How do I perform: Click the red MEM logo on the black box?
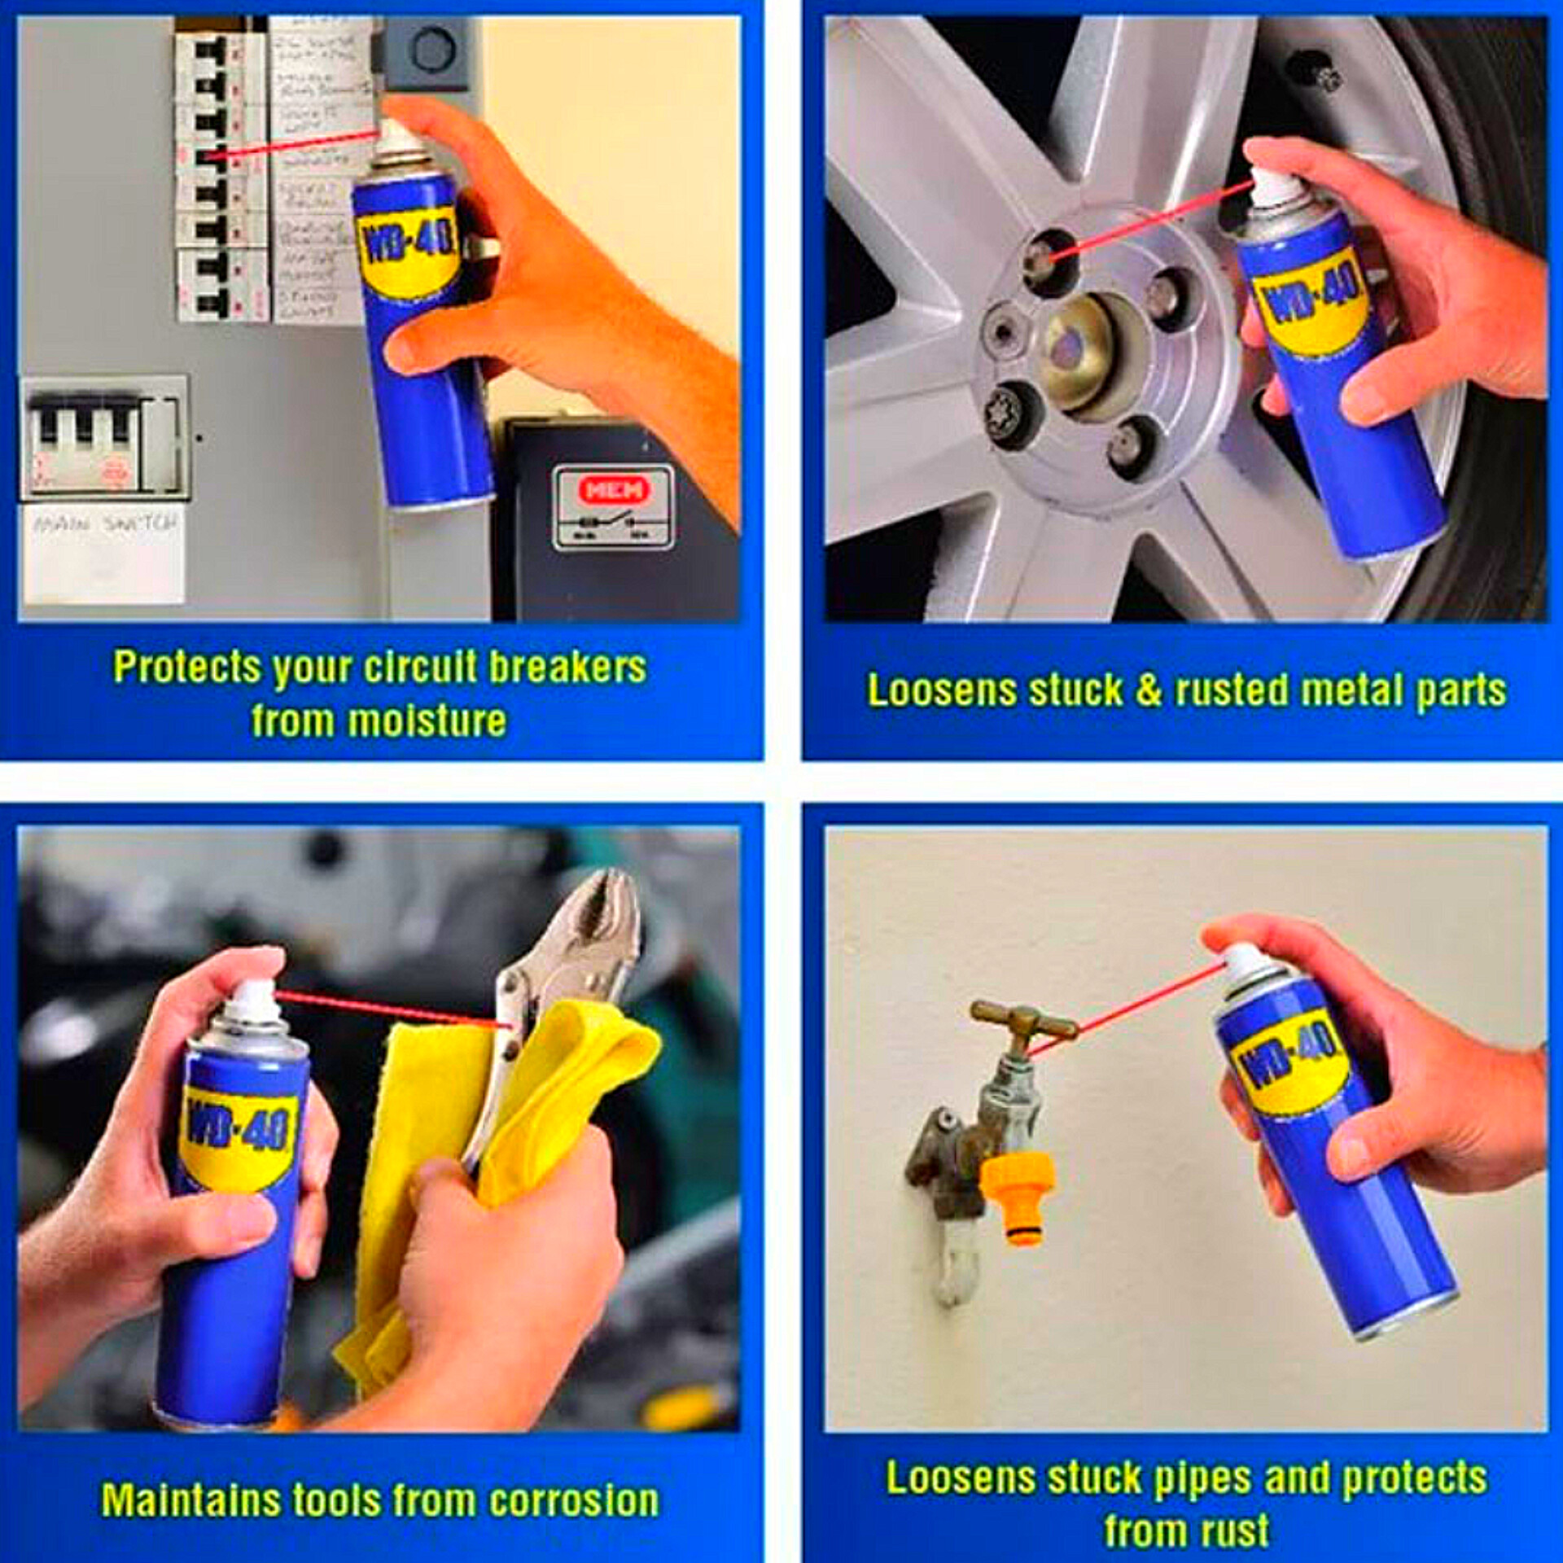[x=615, y=488]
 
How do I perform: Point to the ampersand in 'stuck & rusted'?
[x=1148, y=690]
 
